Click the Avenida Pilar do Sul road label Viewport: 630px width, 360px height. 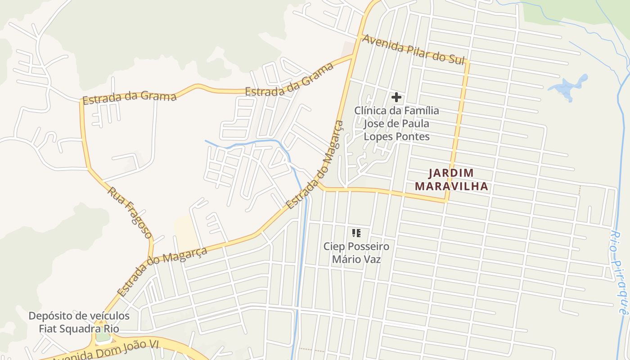tap(413, 49)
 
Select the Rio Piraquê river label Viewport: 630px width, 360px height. tap(619, 273)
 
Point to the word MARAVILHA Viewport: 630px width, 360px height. tap(451, 186)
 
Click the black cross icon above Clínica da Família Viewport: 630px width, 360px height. tap(396, 97)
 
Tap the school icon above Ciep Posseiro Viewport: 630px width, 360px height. tap(356, 233)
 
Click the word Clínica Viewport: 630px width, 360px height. tap(370, 110)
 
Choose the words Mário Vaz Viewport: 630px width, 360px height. tap(356, 259)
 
